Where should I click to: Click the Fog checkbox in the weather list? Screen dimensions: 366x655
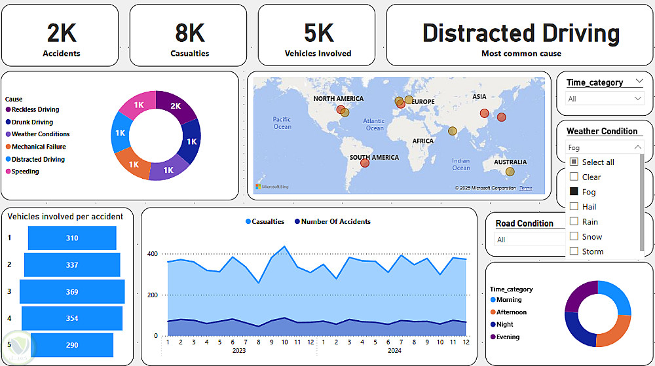[574, 192]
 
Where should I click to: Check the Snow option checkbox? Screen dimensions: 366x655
[574, 236]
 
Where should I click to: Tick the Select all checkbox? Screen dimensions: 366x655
[574, 162]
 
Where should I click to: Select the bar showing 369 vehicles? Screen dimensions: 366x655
[72, 291]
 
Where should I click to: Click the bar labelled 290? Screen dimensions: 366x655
[72, 345]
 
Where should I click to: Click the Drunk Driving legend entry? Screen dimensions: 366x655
[32, 122]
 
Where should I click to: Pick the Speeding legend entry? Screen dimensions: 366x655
[25, 172]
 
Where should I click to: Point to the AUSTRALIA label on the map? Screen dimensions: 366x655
[510, 162]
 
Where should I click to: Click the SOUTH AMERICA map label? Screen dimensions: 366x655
[374, 157]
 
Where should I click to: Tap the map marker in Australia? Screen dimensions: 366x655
[510, 172]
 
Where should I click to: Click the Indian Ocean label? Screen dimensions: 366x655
[460, 164]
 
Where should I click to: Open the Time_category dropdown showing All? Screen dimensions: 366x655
[605, 99]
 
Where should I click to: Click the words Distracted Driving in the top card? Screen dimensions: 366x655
[521, 33]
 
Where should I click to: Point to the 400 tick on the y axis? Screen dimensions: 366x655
[152, 254]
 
